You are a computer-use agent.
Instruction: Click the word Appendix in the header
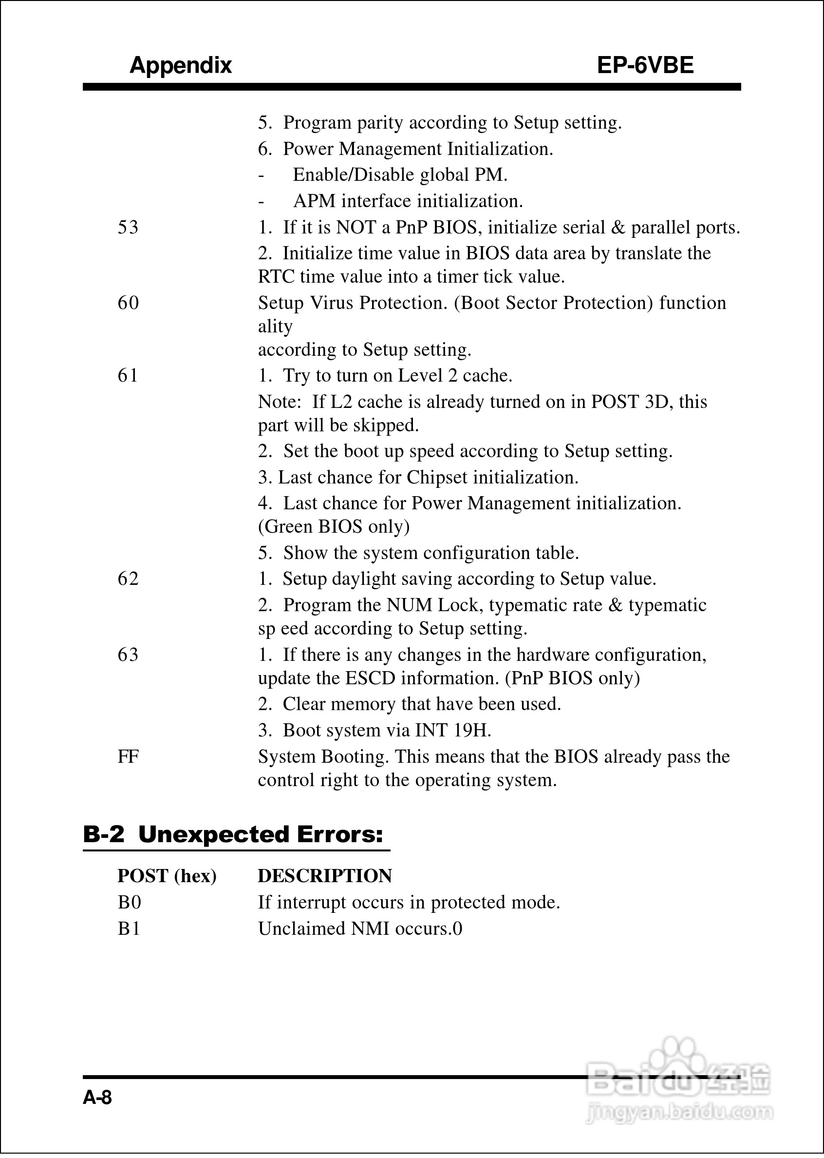point(180,65)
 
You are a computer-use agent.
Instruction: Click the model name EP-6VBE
point(645,65)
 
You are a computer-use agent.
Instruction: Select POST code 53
point(128,228)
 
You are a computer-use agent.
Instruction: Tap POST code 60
point(128,303)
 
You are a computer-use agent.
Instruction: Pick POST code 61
point(128,376)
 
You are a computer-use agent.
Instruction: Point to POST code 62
point(128,579)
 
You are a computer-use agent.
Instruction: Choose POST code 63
point(128,655)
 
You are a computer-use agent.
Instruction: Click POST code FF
point(128,757)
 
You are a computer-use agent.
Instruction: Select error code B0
point(130,903)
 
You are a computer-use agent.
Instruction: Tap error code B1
point(130,928)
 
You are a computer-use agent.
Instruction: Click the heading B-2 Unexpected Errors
point(233,835)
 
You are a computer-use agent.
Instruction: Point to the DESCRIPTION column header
point(325,876)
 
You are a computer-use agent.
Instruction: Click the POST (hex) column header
point(167,876)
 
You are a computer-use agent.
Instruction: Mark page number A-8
point(97,1098)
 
